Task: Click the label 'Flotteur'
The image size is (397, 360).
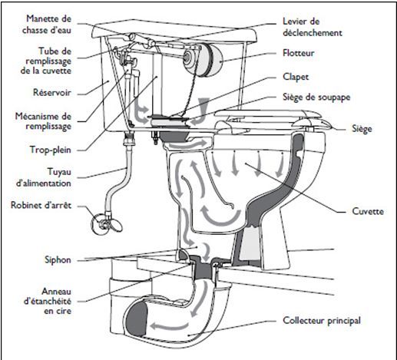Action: tap(298, 53)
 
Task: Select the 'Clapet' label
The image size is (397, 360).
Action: tap(296, 77)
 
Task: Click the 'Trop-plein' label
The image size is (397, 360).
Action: tap(51, 150)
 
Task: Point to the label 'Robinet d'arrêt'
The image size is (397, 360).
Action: tap(41, 205)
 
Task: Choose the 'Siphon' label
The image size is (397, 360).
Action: tap(58, 259)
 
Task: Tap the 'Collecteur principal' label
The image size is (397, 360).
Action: tap(322, 321)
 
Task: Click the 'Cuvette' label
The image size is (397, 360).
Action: tap(368, 211)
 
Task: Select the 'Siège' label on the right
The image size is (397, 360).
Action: tap(362, 129)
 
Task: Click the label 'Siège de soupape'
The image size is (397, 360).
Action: tap(316, 97)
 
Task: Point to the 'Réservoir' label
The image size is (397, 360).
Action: tap(52, 92)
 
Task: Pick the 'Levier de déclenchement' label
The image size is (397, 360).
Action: tap(313, 27)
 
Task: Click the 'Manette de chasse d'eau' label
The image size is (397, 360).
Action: tap(47, 25)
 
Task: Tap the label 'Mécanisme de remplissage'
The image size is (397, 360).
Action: tap(43, 121)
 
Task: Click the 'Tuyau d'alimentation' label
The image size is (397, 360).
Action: tap(44, 177)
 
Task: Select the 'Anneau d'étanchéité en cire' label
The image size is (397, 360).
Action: tap(48, 302)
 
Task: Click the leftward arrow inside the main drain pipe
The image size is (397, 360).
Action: tap(170, 325)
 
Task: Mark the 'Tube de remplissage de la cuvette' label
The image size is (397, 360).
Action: tap(46, 61)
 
